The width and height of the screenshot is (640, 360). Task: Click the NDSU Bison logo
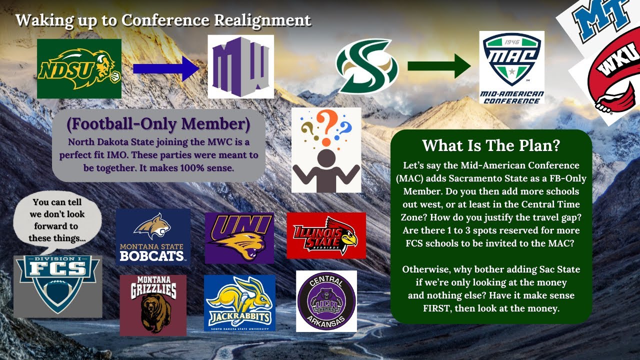79,68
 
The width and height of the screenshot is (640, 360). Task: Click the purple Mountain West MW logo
240,66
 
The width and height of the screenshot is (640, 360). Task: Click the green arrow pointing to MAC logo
439,66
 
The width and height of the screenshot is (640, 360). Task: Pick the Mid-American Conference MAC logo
511,67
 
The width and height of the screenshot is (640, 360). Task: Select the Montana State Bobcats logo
153,237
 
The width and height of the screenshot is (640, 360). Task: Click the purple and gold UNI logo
239,237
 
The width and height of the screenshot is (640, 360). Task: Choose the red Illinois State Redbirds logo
326,235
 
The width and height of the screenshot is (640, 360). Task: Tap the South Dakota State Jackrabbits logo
239,303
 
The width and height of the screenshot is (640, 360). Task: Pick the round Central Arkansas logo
326,301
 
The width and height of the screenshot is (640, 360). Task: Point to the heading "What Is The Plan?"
490,145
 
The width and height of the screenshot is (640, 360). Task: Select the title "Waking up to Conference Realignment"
163,20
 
